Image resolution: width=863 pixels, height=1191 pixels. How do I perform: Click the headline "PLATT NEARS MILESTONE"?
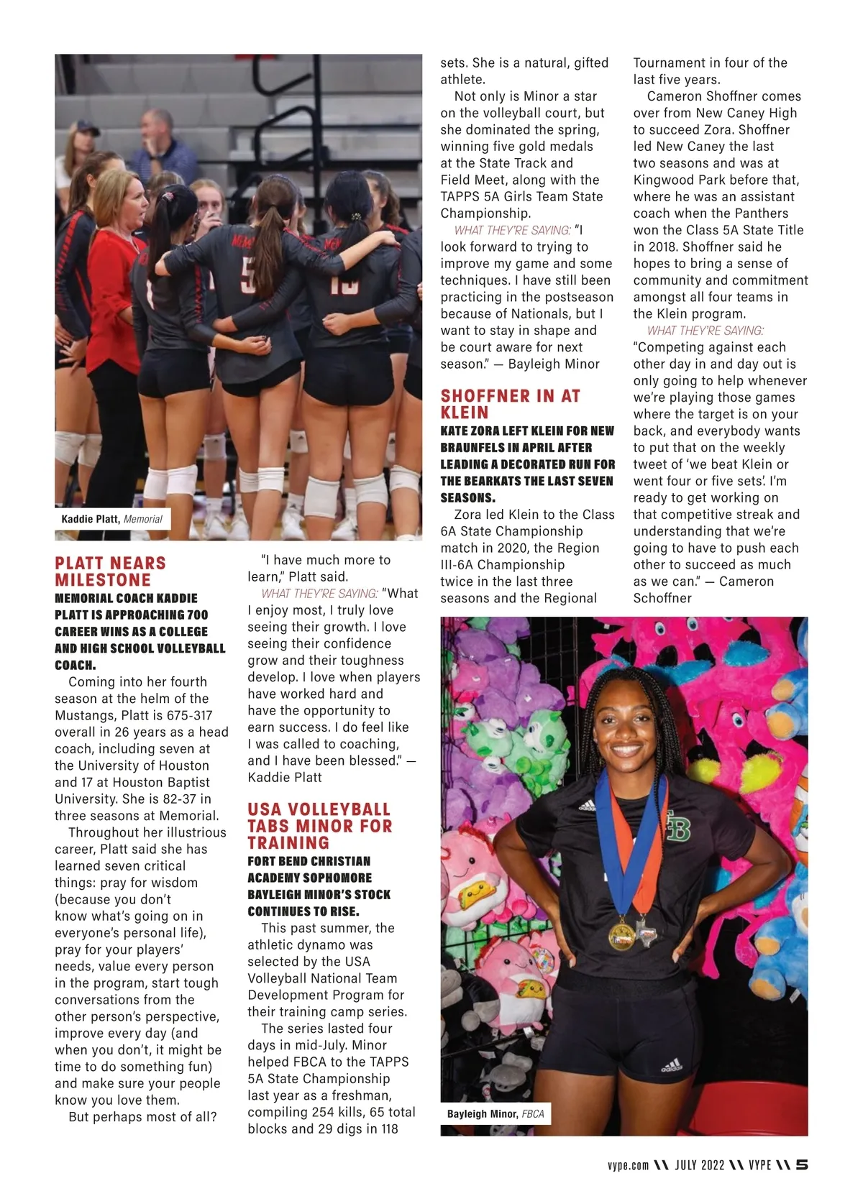pos(110,571)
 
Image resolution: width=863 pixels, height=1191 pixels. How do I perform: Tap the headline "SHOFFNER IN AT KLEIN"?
pos(510,404)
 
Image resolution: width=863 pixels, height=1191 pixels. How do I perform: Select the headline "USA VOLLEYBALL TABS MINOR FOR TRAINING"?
pos(319,826)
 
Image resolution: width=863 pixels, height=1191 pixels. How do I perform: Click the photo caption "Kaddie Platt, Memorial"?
pos(111,519)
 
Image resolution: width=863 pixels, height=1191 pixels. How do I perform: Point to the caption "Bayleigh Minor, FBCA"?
pos(496,1113)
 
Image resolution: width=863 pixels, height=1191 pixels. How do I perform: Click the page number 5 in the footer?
pos(802,1165)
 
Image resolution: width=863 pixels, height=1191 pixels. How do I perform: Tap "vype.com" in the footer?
pos(628,1165)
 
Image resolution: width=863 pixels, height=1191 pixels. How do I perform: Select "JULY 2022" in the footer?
pos(699,1165)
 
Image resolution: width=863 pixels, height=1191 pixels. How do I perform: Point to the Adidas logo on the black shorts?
pos(671,1064)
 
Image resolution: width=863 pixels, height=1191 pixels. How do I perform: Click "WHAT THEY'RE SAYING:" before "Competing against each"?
pos(705,331)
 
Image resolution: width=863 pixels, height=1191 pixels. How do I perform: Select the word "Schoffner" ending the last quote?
pos(662,598)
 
